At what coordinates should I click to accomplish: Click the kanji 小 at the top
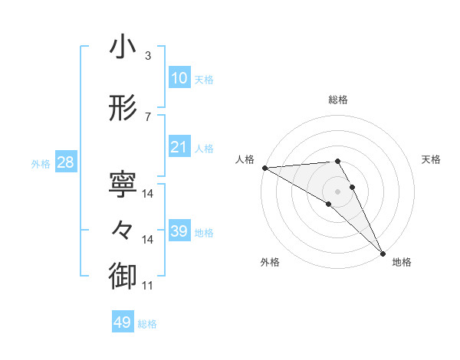click(x=122, y=48)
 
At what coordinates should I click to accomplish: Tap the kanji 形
click(x=122, y=109)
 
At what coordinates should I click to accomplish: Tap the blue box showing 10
click(x=179, y=79)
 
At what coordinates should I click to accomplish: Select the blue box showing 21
click(x=179, y=147)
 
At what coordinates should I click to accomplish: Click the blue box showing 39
click(x=179, y=231)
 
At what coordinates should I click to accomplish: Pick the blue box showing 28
click(x=64, y=162)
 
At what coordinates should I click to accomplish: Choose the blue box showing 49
click(x=123, y=323)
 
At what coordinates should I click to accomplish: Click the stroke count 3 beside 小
click(x=148, y=56)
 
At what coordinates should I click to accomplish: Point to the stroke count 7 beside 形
click(x=148, y=116)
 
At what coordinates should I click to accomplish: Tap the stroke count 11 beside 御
click(x=148, y=286)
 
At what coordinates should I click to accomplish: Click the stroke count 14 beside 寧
click(x=148, y=194)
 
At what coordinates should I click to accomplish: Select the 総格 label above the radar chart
click(x=338, y=100)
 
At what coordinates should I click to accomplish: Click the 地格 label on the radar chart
click(x=402, y=262)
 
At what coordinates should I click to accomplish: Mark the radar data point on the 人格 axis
click(x=264, y=168)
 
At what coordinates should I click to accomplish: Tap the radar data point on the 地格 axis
click(x=383, y=253)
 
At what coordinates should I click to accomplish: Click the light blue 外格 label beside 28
click(x=41, y=163)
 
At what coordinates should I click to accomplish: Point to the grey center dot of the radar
click(x=337, y=190)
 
